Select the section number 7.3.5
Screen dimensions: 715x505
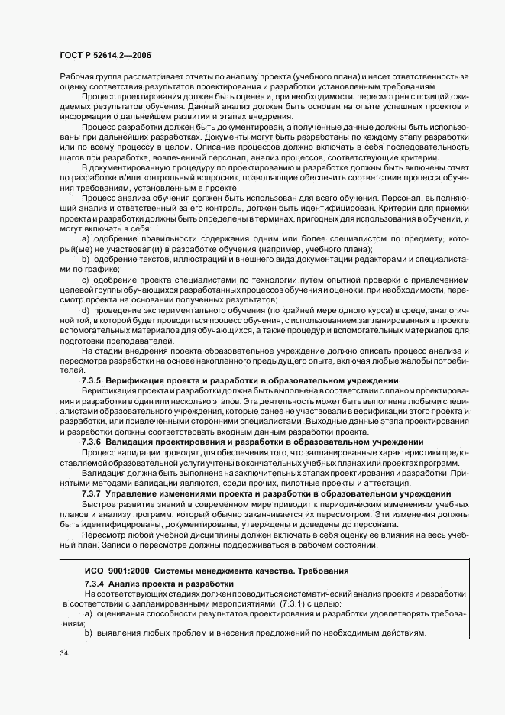pos(91,380)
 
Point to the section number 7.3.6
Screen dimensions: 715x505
pos(91,442)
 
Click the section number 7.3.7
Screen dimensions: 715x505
pos(91,494)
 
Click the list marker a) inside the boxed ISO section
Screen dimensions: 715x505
pos(88,613)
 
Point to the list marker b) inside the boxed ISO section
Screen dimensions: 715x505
pos(88,634)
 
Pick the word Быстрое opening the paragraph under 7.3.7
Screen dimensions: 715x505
pos(100,505)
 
